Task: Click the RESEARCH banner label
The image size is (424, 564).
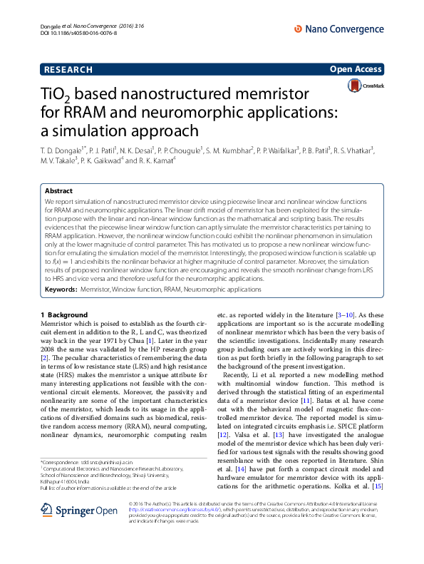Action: tap(68, 69)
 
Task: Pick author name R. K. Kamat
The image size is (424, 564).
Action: tap(157, 161)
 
